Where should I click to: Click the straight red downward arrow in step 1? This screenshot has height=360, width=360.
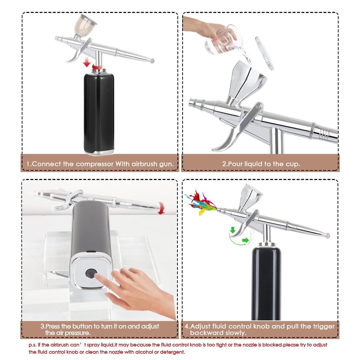tap(87, 62)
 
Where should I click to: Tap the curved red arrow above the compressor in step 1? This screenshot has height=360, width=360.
tap(97, 67)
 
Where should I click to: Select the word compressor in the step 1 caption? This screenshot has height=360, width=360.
tap(95, 164)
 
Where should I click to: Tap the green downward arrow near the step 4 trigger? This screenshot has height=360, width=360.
tap(233, 230)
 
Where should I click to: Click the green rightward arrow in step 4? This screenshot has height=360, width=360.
tap(246, 240)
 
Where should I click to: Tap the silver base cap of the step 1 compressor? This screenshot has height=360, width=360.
tap(99, 153)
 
